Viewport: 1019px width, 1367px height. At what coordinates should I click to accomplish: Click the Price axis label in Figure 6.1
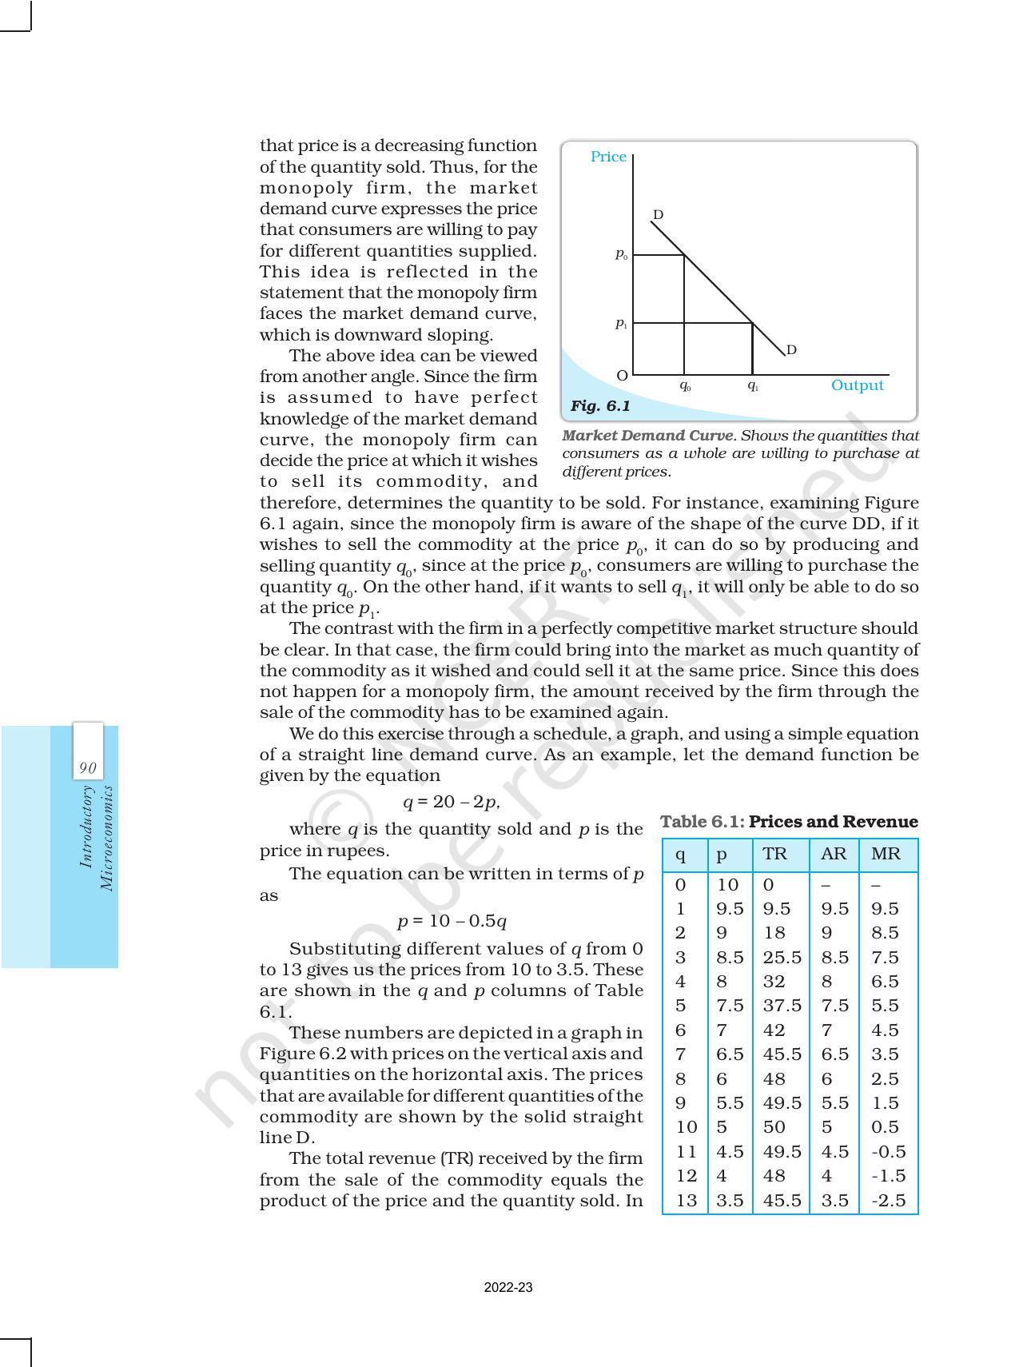608,157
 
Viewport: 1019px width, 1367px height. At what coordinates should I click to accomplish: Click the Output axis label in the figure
857,385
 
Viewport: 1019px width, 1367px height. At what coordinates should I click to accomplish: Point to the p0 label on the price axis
621,254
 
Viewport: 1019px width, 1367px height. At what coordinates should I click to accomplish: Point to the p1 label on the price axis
621,323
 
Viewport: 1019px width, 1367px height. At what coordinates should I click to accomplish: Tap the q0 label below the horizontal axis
685,385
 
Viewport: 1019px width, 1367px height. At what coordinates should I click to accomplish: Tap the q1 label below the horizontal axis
753,385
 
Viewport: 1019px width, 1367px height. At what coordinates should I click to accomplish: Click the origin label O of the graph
622,375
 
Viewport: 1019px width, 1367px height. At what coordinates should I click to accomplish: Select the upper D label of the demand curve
658,215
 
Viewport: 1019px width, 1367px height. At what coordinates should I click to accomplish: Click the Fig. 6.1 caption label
600,406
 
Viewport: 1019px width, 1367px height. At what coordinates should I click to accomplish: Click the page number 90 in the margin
88,768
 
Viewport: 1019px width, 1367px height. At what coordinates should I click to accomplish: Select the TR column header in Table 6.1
774,854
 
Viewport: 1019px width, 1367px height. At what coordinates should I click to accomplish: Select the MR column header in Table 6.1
886,854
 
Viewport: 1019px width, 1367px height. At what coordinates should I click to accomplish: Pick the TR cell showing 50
774,1127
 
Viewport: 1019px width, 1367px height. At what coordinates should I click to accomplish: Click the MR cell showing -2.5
885,1200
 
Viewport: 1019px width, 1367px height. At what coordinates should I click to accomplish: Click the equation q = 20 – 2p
452,802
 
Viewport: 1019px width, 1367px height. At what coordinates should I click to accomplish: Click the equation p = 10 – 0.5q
452,921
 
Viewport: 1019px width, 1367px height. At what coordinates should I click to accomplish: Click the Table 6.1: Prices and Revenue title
789,822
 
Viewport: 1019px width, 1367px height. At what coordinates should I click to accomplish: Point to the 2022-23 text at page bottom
508,1288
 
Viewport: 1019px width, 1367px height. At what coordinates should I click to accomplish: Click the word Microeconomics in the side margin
106,838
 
